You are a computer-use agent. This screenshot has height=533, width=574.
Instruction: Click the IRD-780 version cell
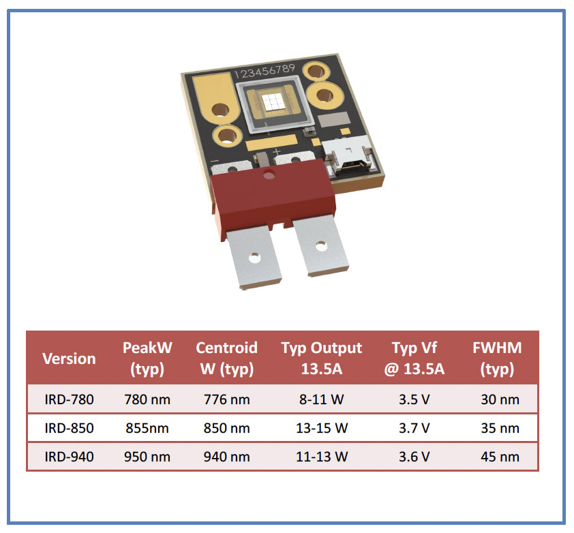(69, 399)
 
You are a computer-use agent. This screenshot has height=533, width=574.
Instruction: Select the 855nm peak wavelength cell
(147, 428)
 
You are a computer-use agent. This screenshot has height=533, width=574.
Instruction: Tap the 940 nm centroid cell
(226, 457)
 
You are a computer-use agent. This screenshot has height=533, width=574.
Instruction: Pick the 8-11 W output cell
(321, 399)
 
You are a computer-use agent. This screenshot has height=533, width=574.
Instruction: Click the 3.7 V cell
(414, 428)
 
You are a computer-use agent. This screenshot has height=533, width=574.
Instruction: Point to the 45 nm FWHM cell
(500, 457)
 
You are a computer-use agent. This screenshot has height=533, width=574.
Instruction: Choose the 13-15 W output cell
(321, 428)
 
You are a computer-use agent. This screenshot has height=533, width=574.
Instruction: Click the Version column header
(69, 359)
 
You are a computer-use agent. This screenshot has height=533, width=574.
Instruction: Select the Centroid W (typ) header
(226, 358)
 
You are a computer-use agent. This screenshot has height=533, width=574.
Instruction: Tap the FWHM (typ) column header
(497, 358)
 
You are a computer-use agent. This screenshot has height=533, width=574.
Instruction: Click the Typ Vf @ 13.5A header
(414, 358)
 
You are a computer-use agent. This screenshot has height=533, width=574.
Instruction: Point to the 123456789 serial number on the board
(265, 71)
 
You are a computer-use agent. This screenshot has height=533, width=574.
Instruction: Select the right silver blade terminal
(320, 245)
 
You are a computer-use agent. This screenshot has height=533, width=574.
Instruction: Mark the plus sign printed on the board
(277, 151)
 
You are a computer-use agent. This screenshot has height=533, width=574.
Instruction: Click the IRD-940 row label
(69, 457)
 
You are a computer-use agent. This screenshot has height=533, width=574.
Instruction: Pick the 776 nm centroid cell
(226, 399)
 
